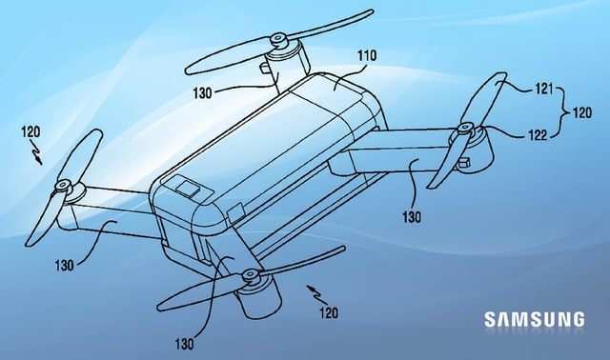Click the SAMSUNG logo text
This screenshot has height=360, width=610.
[x=534, y=320]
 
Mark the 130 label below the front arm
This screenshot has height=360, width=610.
[x=184, y=340]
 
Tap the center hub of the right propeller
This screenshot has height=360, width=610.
[x=465, y=128]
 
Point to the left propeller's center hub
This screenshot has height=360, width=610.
[x=63, y=185]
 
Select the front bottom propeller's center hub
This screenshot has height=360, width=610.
[x=251, y=275]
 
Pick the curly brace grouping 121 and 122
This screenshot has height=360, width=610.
[x=563, y=111]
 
